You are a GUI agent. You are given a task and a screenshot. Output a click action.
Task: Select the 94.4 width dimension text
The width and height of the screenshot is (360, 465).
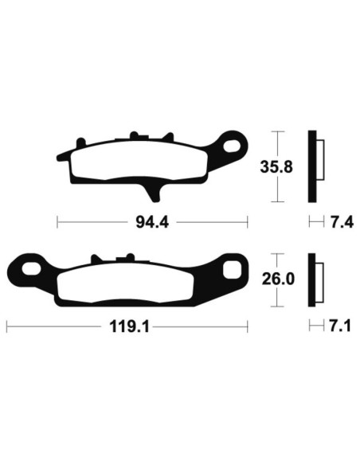click(153, 222)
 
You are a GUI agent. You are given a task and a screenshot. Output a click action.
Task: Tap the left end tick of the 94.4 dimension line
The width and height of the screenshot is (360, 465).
click(57, 222)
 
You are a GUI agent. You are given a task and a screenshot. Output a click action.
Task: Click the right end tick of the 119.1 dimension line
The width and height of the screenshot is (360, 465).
click(248, 326)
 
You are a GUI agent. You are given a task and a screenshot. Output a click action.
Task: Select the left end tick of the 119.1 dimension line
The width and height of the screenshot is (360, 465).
click(6, 326)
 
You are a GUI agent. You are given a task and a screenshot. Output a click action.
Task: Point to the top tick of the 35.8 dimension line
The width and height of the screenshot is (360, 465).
click(276, 131)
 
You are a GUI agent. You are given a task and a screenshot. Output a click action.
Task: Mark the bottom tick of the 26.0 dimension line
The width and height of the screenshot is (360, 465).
click(276, 307)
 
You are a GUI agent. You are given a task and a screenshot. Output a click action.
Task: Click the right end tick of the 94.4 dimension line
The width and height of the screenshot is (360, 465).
click(248, 222)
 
